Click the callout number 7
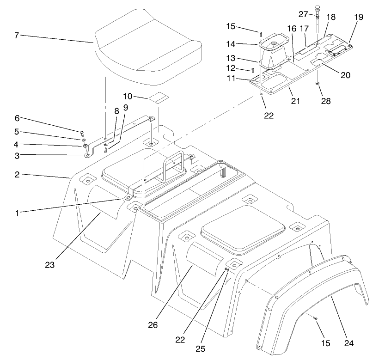[x=17, y=35]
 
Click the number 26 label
[x=153, y=325]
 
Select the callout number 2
[x=17, y=175]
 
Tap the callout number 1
[x=17, y=213]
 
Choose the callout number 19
[x=359, y=17]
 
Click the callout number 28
[x=326, y=101]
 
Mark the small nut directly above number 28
[x=318, y=84]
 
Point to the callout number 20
[x=346, y=75]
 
